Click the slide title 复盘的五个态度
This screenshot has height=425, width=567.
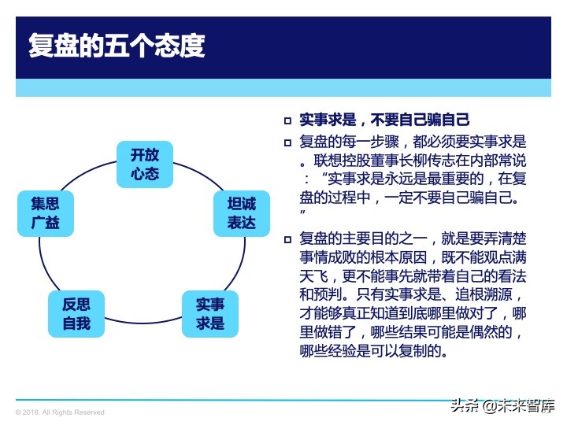point(116,46)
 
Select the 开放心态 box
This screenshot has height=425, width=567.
point(145,164)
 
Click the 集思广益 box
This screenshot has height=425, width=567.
point(46,213)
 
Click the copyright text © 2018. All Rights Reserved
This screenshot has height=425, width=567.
point(60,412)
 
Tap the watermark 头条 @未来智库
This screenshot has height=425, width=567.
point(502,406)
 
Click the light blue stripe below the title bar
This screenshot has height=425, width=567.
point(283,88)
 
